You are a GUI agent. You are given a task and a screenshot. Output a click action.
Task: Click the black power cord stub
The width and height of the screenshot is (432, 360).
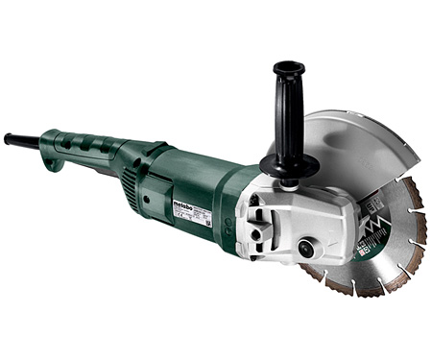pyautogui.click(x=18, y=140)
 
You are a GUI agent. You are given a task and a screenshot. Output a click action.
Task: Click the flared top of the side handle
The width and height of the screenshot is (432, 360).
pyautogui.click(x=287, y=68)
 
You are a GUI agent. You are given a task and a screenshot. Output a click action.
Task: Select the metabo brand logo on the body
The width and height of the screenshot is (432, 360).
pyautogui.click(x=185, y=203)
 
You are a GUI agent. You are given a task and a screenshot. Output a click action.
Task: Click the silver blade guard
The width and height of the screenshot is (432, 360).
pyautogui.click(x=369, y=144)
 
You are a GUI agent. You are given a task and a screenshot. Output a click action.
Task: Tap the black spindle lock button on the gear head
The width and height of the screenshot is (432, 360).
pyautogui.click(x=306, y=247)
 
